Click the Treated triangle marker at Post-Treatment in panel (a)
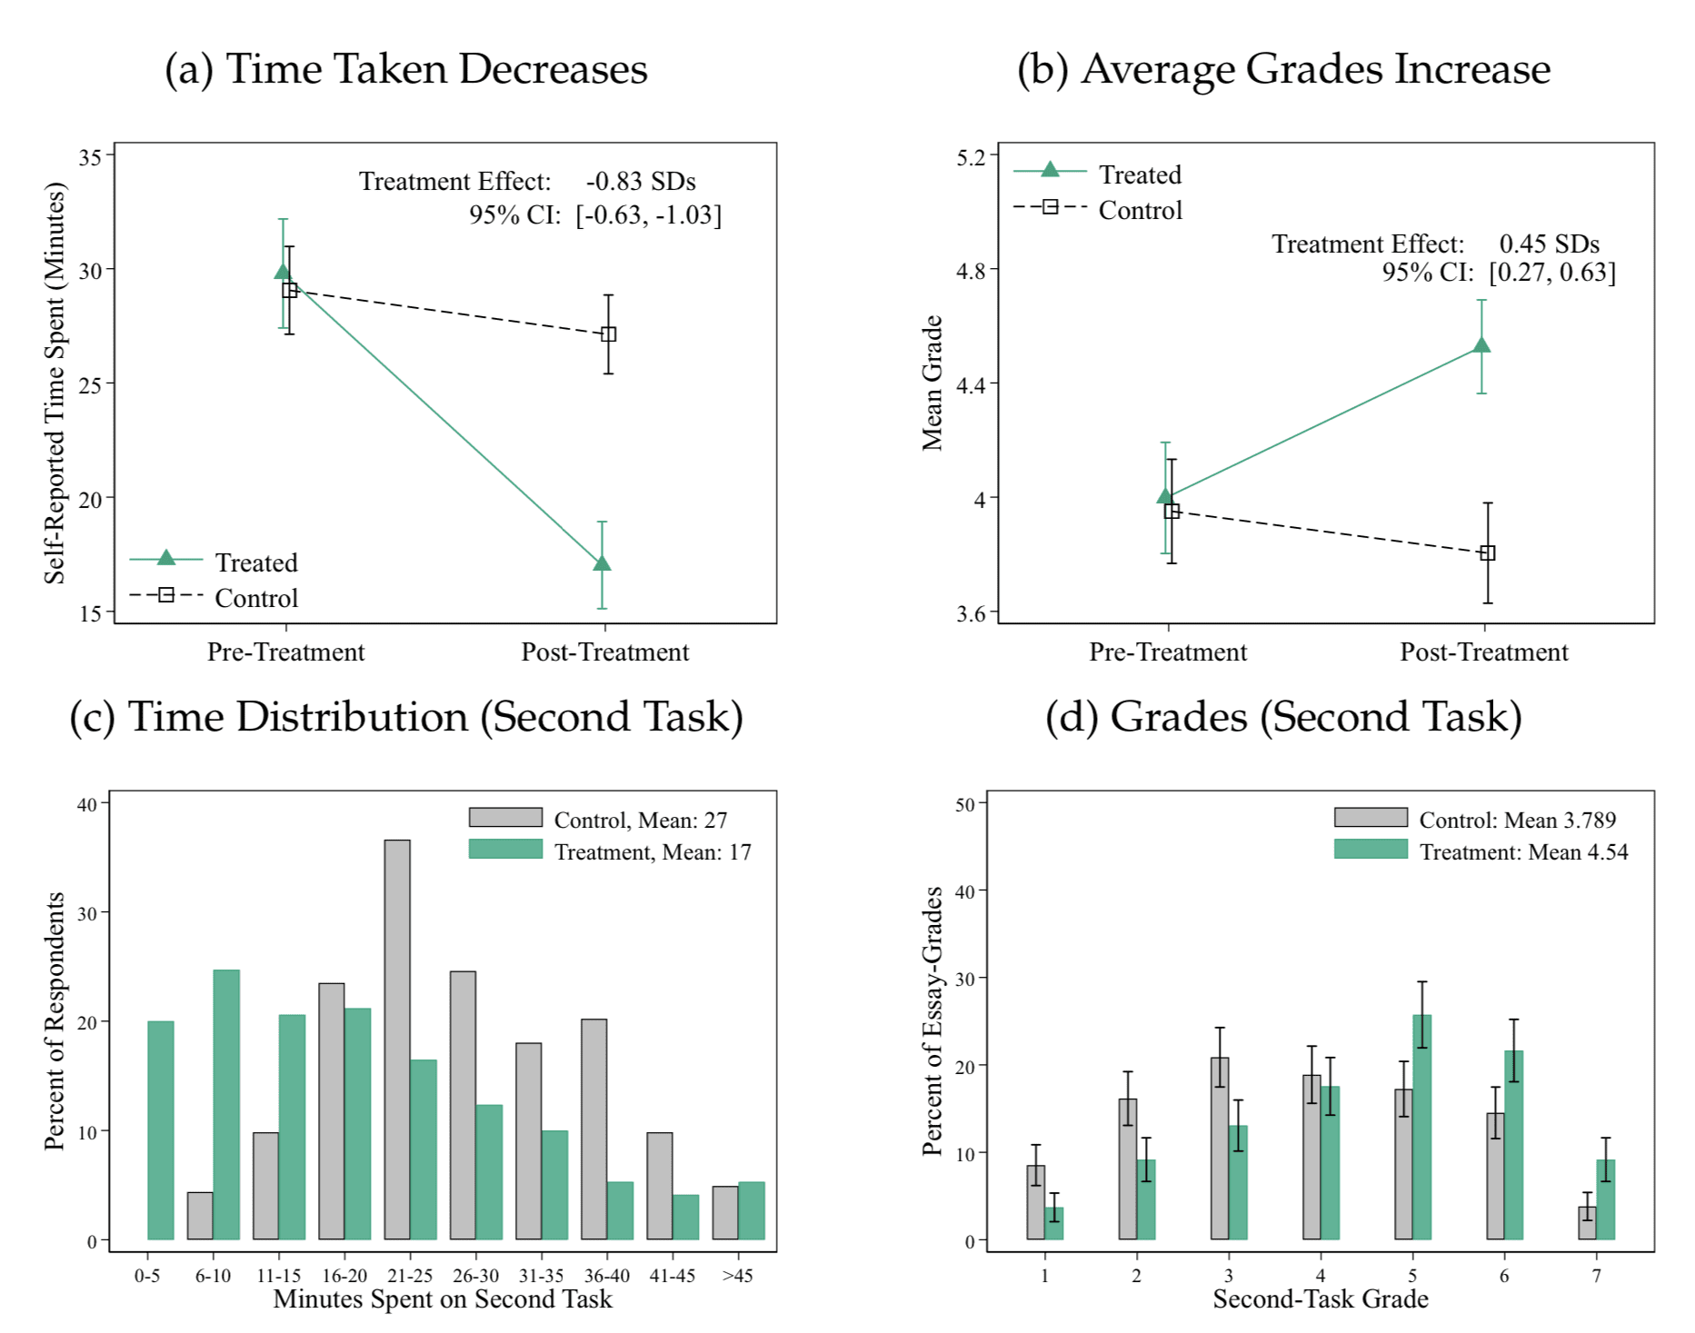[x=602, y=563]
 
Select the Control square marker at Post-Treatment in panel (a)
[x=609, y=334]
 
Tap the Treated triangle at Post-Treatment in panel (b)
[x=1481, y=345]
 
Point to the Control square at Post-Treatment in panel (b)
[x=1488, y=552]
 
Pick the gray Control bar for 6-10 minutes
[x=200, y=1216]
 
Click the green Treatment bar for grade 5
[x=1422, y=1127]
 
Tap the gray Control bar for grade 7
[x=1587, y=1223]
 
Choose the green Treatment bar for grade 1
[x=1054, y=1223]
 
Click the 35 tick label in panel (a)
[x=91, y=157]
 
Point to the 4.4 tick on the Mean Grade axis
[x=971, y=385]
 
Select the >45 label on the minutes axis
[x=737, y=1276]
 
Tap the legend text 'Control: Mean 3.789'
[x=1517, y=821]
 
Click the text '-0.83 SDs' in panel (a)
[x=641, y=182]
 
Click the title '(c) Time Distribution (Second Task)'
[x=406, y=717]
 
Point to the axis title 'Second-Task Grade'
[x=1320, y=1299]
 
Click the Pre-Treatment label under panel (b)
[x=1168, y=652]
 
